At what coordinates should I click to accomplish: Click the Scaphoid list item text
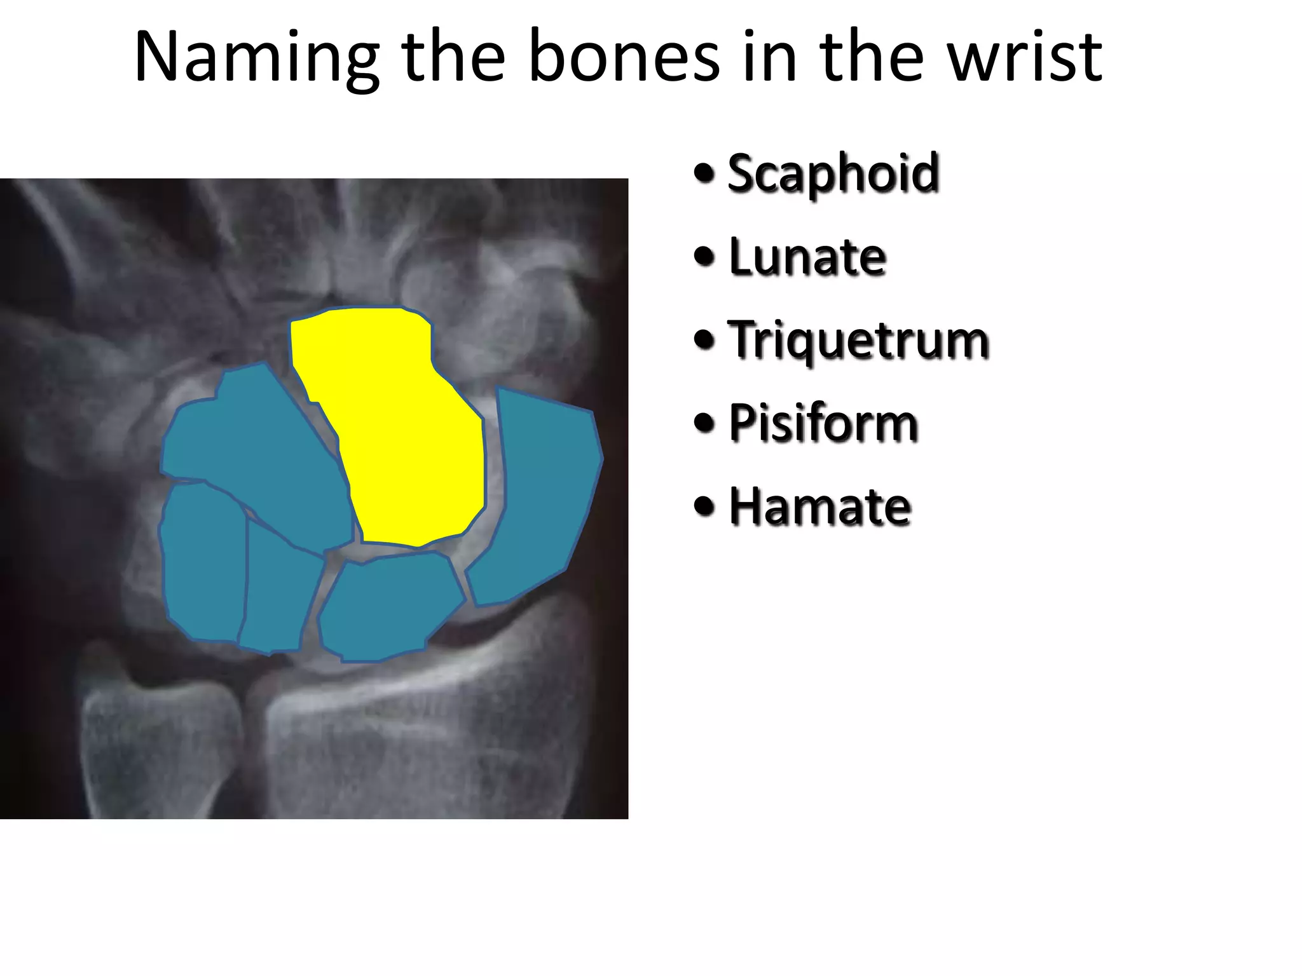833,173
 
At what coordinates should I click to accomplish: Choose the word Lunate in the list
807,257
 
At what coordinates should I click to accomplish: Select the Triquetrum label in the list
858,341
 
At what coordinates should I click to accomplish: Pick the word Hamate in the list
820,506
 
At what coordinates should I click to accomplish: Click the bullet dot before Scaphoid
704,173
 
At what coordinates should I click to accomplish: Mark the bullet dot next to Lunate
704,257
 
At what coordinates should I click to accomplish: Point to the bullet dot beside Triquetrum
704,340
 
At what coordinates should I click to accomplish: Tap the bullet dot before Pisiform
704,423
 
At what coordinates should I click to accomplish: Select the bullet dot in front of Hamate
704,506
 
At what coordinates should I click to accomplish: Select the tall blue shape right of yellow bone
544,496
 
